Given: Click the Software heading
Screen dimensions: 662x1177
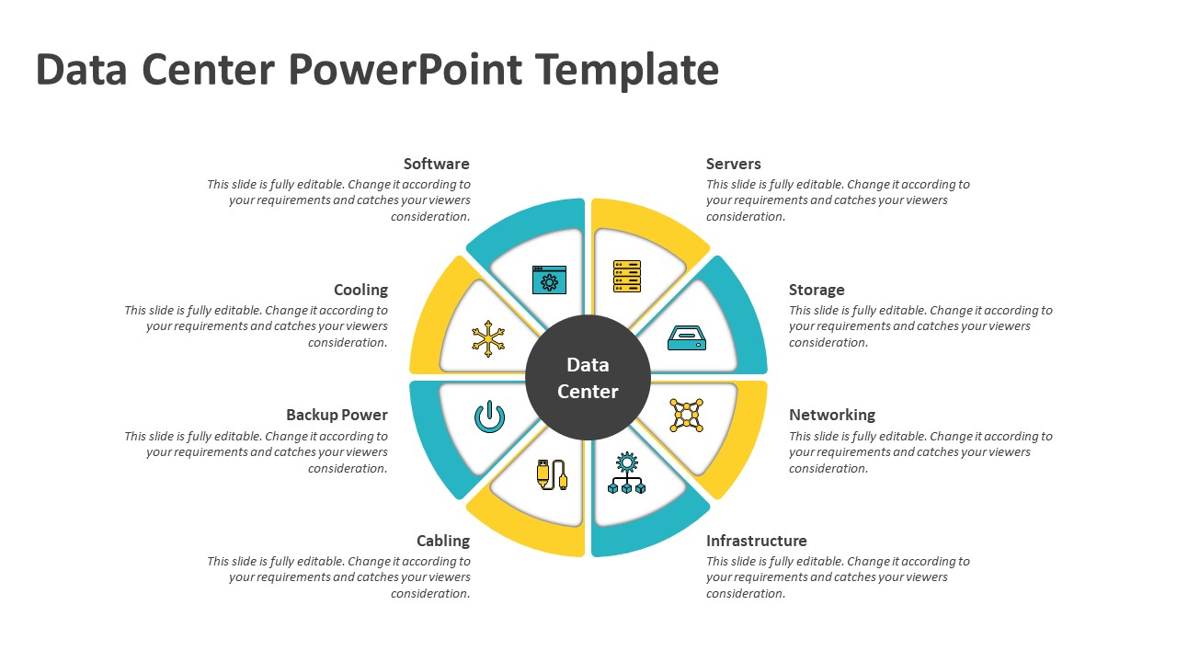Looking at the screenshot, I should point(436,164).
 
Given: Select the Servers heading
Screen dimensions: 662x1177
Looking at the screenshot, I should point(733,164).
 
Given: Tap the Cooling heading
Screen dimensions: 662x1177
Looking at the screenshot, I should point(360,290).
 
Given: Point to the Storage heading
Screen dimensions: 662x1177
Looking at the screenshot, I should point(816,290).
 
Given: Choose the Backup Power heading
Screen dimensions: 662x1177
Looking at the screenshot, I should point(337,415).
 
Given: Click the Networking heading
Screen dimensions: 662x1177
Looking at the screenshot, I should point(831,415).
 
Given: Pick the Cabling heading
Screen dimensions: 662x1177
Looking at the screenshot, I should point(442,541).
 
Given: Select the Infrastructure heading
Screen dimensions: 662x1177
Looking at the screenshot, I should point(756,541).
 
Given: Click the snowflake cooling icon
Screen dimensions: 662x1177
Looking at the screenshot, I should point(488,338).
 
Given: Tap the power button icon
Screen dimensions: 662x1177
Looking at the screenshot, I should point(489,417).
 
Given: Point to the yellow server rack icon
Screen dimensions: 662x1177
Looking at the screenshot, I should point(627,276).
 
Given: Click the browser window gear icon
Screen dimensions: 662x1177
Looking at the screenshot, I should point(549,280).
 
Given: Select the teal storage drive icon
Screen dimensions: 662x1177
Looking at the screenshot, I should point(686,337).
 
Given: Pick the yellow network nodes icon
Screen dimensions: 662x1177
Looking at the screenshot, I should point(686,416).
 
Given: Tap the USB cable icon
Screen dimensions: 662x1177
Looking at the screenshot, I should point(551,474).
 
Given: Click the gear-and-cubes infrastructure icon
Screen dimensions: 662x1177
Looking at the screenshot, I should point(626,474).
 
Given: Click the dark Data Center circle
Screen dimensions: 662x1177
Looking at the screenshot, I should point(588,378).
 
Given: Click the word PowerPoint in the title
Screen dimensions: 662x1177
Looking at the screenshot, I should point(405,70).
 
